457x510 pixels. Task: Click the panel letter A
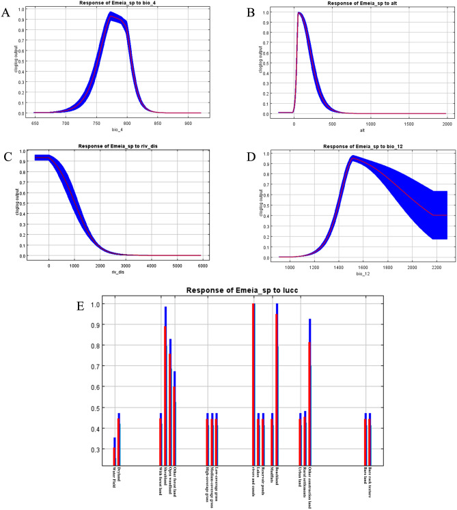pyautogui.click(x=8, y=12)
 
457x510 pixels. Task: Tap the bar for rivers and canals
pyautogui.click(x=253, y=382)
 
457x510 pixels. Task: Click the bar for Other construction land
pyautogui.click(x=309, y=396)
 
